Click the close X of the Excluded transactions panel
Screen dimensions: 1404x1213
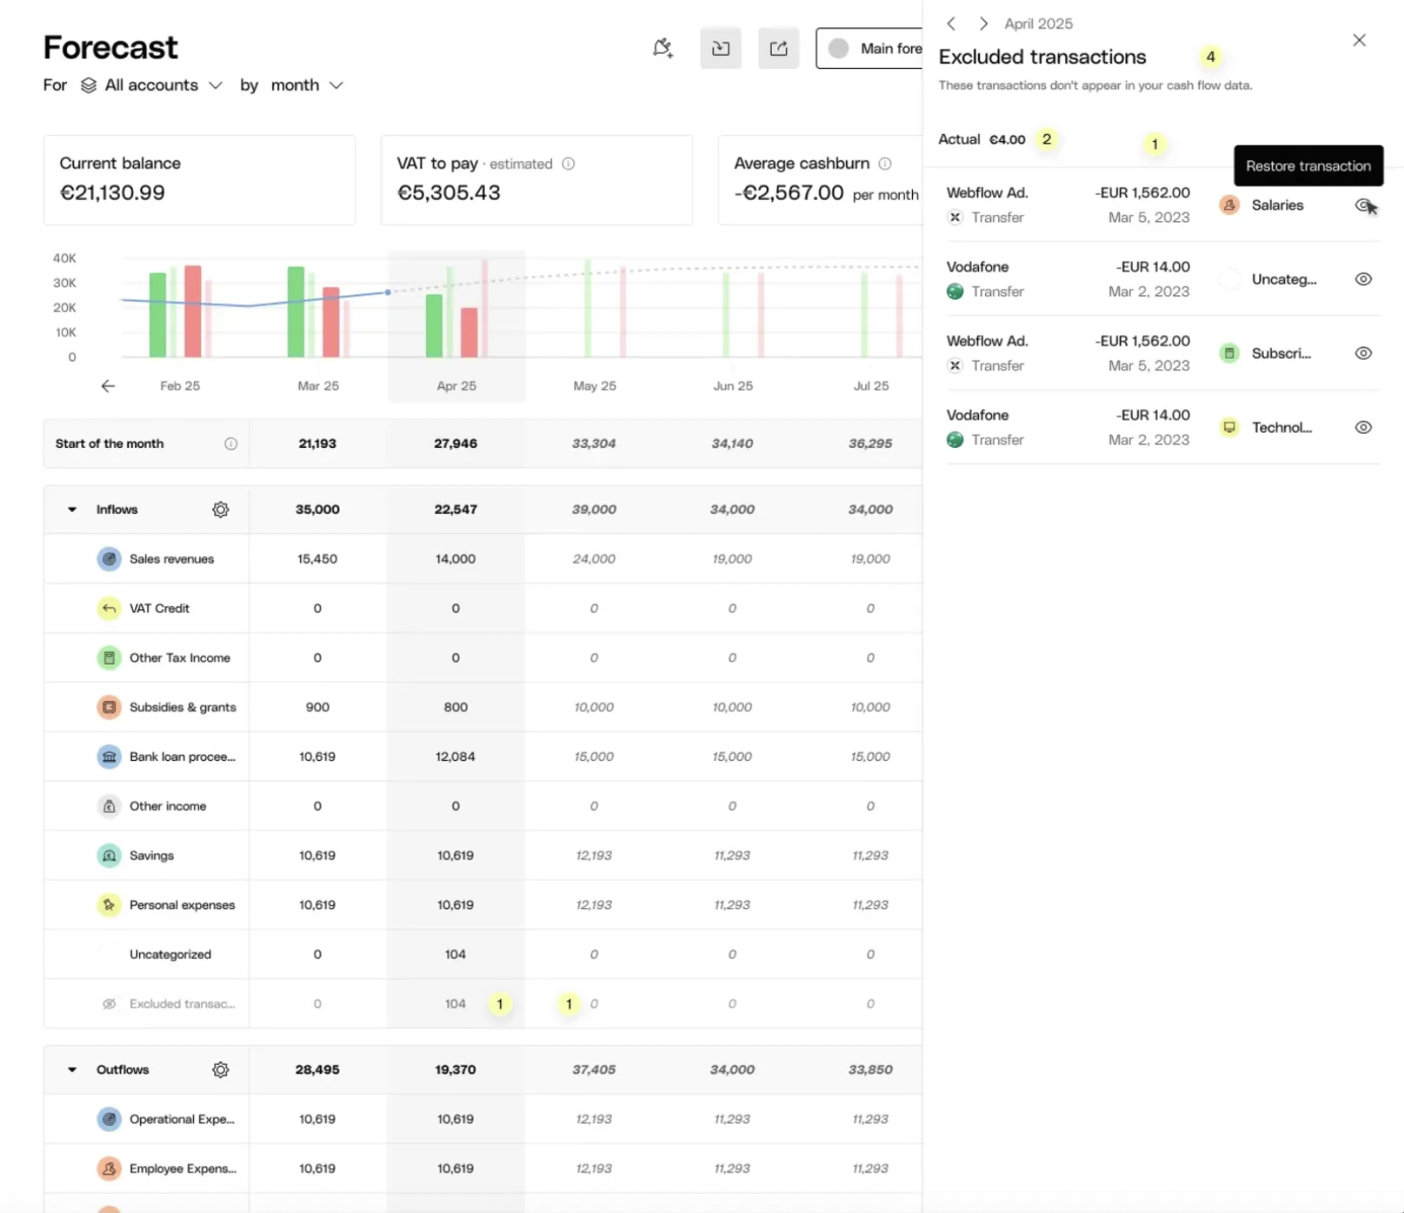1359,40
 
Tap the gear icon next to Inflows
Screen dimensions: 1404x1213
220,510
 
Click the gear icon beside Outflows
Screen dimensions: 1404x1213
220,1069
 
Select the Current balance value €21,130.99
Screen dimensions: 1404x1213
112,193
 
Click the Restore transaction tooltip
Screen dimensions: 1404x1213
1308,166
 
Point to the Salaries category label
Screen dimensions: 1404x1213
1277,205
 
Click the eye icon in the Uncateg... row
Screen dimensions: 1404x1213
1363,279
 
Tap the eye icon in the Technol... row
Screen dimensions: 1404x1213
1363,428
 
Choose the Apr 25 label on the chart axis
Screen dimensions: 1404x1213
456,386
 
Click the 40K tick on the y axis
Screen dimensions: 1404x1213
64,258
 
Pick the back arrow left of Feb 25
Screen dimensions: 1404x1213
108,386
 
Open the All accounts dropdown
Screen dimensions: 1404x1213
151,86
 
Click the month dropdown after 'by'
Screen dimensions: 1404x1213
306,86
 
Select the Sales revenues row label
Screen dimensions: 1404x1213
171,559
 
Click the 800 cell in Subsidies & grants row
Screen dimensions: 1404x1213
455,707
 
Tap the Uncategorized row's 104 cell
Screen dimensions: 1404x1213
455,954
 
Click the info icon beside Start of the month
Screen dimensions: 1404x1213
230,443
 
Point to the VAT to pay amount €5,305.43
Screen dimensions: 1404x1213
449,193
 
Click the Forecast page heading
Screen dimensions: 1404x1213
110,48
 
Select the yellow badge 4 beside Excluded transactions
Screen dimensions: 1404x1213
1211,56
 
